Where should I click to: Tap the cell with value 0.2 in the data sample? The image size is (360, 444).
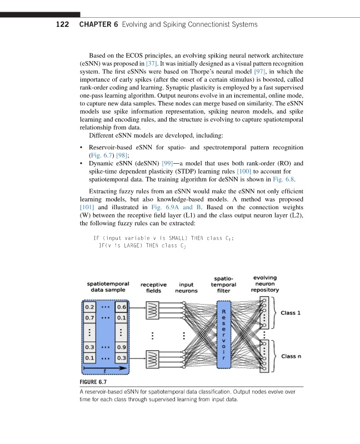tap(88, 306)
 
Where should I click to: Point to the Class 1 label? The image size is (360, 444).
tap(291, 312)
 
